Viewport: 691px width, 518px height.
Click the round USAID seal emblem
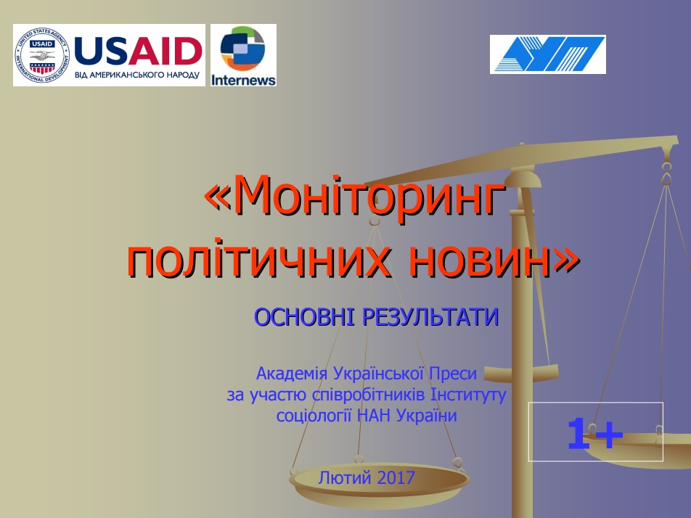point(42,55)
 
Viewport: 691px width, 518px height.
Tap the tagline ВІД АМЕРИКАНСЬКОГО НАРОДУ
point(137,75)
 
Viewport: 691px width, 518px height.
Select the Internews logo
point(243,55)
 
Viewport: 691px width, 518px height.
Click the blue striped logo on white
point(548,54)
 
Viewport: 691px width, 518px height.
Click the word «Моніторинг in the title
point(355,194)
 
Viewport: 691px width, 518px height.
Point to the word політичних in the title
point(258,260)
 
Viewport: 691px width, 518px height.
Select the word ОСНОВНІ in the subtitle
point(304,317)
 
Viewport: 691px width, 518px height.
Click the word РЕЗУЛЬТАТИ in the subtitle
point(430,317)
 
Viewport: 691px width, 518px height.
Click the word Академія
point(292,374)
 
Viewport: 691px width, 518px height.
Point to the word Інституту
point(468,395)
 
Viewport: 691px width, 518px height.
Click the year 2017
point(396,477)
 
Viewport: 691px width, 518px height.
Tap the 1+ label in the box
point(595,434)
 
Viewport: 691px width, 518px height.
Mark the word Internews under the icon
point(243,80)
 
